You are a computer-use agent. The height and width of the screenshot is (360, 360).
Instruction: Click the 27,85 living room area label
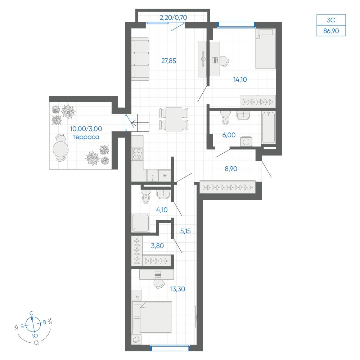[169, 61]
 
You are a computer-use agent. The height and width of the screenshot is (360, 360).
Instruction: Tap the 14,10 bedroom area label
[240, 80]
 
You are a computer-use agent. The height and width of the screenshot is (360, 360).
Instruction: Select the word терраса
[86, 137]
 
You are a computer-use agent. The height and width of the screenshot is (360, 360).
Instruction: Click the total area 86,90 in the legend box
[331, 31]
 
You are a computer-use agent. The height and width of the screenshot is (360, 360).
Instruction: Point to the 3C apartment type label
[331, 20]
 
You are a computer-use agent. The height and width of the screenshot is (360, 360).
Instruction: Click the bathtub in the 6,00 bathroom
[269, 127]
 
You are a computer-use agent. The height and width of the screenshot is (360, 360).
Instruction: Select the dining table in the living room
[174, 119]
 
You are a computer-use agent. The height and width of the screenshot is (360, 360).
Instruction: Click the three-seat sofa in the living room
[140, 59]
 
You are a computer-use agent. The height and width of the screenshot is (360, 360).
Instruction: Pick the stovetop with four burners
[137, 154]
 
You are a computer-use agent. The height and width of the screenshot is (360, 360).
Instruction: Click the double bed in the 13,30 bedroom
[152, 317]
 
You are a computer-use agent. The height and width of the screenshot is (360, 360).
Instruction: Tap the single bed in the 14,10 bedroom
[266, 49]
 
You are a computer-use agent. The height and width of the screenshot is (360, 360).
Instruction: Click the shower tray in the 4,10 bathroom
[141, 223]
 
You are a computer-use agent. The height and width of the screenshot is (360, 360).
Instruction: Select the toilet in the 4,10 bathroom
[146, 197]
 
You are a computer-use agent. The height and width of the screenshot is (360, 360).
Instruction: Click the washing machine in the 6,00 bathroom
[246, 141]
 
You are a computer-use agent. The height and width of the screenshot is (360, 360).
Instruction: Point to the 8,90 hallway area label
[231, 169]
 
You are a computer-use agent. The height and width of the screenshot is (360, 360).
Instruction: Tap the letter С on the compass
[31, 313]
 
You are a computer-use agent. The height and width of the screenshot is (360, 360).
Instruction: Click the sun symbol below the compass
[36, 343]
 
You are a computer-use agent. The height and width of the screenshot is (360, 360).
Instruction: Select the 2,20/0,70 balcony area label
[174, 17]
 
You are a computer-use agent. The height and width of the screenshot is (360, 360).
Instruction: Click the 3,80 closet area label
[158, 246]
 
